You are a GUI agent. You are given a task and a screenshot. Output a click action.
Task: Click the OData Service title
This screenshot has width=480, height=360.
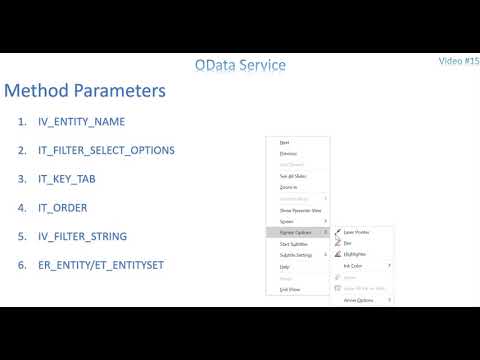(240, 65)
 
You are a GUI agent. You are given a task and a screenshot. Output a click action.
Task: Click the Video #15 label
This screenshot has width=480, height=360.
(459, 61)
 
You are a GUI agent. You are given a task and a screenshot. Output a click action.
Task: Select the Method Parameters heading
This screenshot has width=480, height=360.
(84, 91)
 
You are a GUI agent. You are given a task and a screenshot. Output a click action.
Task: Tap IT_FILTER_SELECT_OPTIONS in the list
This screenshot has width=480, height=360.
(111, 150)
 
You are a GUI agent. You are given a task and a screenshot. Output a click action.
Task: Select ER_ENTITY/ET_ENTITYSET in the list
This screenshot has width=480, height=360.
(104, 265)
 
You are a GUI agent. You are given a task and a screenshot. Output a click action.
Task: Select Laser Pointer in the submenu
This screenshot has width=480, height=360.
(357, 232)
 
